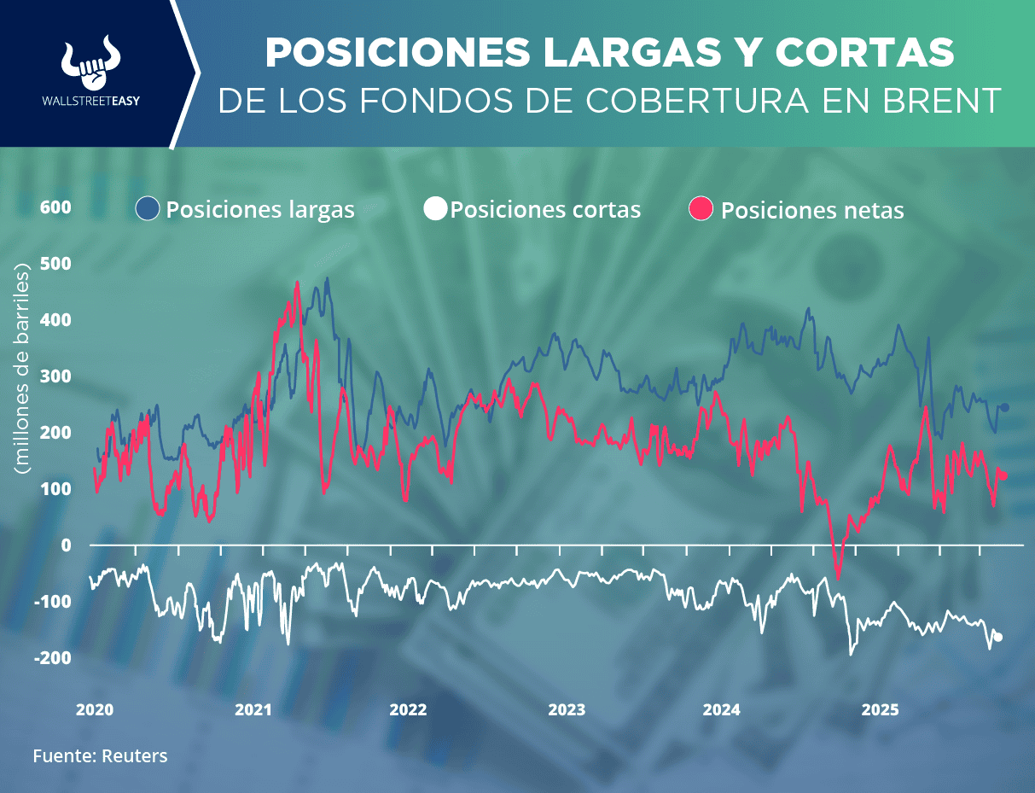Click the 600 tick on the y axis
pos(55,207)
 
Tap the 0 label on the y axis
pos(65,545)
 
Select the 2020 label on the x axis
pos(95,709)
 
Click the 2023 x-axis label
pos(567,709)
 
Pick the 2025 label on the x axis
pos(880,709)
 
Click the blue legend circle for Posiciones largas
pos(148,209)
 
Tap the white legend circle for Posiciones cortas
pos(435,209)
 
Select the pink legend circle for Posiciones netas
pos(702,209)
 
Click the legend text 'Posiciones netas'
pos(812,210)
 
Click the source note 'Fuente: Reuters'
pos(100,755)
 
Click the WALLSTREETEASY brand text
pos(91,100)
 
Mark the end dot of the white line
pos(998,637)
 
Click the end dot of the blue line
pos(1005,407)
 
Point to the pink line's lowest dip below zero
pos(838,578)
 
